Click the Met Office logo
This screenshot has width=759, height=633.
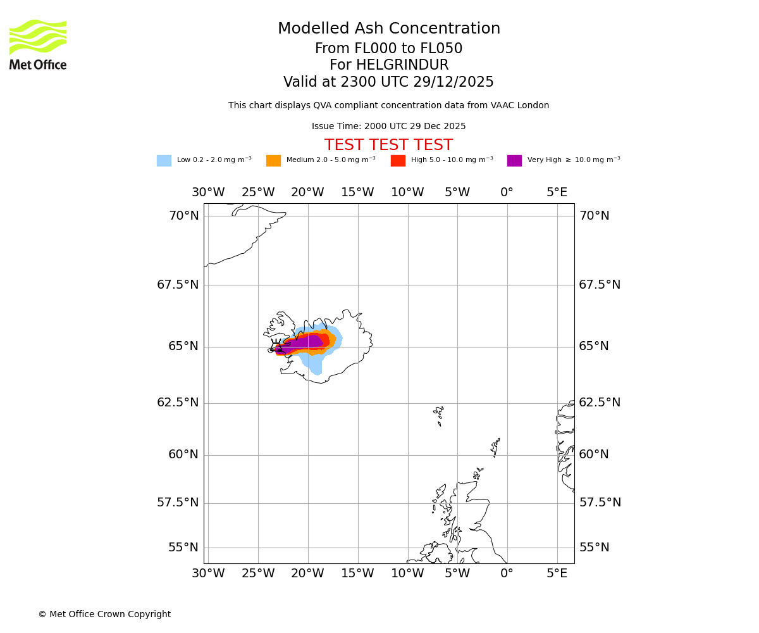coord(38,44)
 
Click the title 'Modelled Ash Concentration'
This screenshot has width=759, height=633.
coord(388,29)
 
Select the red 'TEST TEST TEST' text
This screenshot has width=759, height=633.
coord(388,146)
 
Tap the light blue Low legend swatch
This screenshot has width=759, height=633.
coord(164,161)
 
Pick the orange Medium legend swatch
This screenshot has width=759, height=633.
coord(273,161)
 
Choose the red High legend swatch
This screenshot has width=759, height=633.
coord(398,161)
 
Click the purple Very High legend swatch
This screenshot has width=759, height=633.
coord(514,161)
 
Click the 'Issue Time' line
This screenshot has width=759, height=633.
coord(388,127)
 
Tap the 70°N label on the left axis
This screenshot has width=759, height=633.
coord(183,216)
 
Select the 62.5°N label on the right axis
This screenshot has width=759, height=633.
coord(600,403)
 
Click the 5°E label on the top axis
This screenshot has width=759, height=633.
coord(557,192)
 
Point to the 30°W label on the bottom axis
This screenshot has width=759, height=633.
coord(208,573)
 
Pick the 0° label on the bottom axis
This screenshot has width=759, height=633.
coord(507,573)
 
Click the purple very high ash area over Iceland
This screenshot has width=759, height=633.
coord(304,344)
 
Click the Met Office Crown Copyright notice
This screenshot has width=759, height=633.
coord(104,614)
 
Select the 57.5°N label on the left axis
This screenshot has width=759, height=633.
coord(178,503)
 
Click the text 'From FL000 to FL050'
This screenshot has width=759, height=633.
coord(388,49)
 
